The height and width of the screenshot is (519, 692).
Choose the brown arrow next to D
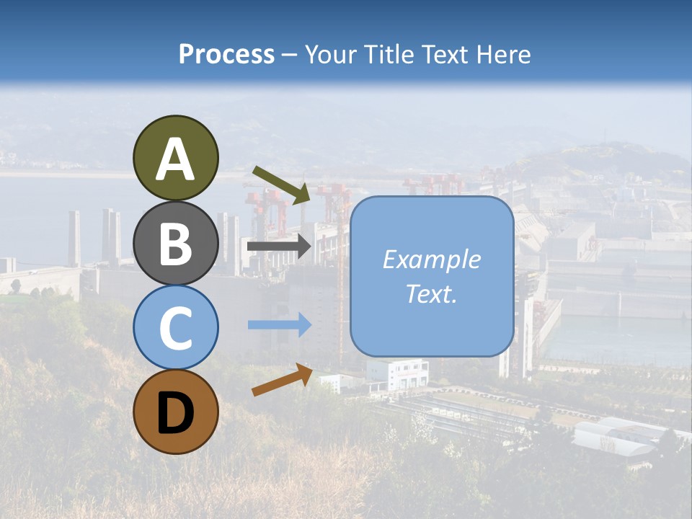click(x=282, y=381)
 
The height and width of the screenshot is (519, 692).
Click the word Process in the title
click(x=226, y=55)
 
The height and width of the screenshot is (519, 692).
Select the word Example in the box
click(x=432, y=259)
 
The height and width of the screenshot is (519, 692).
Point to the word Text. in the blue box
click(x=432, y=294)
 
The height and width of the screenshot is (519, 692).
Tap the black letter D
click(x=175, y=413)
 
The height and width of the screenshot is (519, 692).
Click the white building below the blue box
click(x=397, y=374)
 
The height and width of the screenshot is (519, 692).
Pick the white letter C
click(x=175, y=328)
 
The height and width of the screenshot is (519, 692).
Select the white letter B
click(x=175, y=243)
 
